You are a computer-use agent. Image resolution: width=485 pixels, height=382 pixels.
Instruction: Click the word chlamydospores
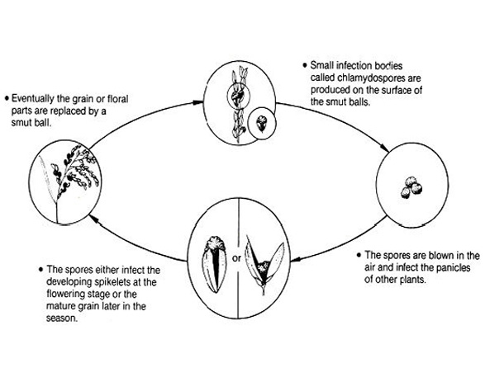tap(371, 78)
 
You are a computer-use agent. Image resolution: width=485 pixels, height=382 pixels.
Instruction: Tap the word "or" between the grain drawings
tap(236, 258)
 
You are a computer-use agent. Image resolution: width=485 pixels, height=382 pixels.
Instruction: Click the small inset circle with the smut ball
tap(262, 123)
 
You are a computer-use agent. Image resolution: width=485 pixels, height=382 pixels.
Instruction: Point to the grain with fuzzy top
tap(214, 264)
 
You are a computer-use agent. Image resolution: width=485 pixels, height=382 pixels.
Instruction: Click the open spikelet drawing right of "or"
tap(264, 265)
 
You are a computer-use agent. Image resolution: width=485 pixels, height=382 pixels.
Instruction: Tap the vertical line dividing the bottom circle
tap(238, 258)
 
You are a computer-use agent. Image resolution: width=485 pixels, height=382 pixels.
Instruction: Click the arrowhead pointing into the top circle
tap(198, 102)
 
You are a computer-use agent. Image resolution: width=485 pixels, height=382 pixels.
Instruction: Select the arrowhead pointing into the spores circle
tap(385, 149)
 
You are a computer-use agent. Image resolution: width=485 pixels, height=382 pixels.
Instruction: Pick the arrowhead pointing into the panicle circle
tap(93, 219)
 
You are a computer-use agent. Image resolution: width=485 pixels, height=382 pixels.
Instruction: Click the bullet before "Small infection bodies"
tap(305, 65)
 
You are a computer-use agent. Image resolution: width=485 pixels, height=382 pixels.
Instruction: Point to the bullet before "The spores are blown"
tap(359, 255)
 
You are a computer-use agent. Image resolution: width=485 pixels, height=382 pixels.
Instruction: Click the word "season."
tap(62, 318)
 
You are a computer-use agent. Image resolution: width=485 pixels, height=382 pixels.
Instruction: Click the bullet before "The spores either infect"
tap(41, 270)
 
